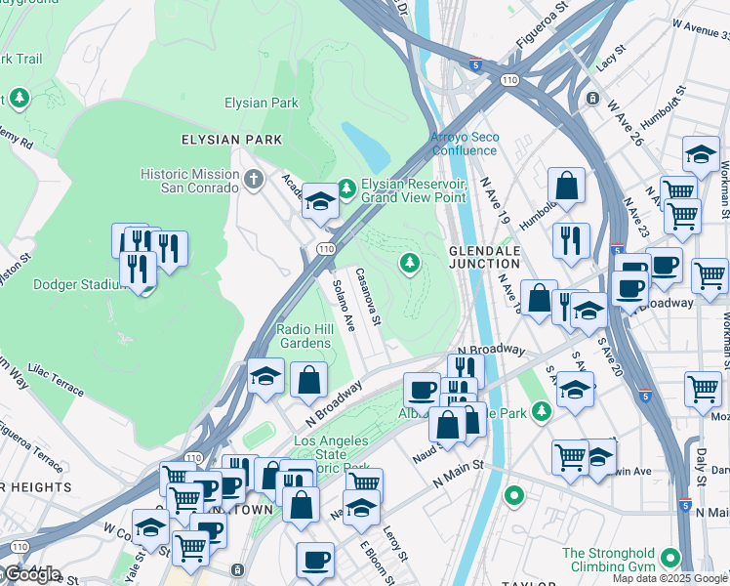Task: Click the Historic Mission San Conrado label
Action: tap(188, 181)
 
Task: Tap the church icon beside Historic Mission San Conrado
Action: tap(255, 179)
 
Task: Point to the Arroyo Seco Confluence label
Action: tap(465, 144)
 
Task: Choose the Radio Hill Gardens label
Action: tap(305, 336)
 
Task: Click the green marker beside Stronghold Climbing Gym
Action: tap(669, 559)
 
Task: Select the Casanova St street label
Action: tap(367, 296)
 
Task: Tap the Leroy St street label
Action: tap(392, 542)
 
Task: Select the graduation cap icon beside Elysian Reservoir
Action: tap(319, 201)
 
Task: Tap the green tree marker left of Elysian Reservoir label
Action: tap(346, 187)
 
